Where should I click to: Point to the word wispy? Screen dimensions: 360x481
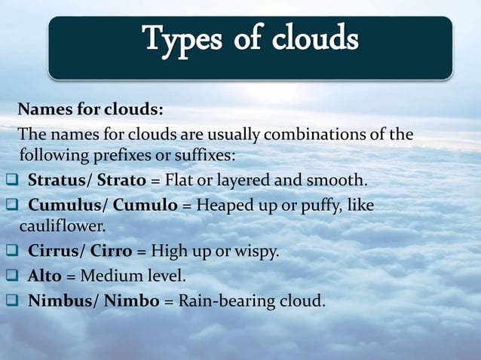click(x=260, y=251)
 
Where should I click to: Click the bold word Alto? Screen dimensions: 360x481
click(x=44, y=276)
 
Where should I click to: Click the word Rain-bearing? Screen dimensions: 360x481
click(x=225, y=301)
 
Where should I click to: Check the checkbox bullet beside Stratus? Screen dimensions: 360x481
click(x=11, y=182)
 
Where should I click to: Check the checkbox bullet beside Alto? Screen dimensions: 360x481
click(x=11, y=276)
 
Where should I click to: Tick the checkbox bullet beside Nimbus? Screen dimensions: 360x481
click(x=11, y=301)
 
